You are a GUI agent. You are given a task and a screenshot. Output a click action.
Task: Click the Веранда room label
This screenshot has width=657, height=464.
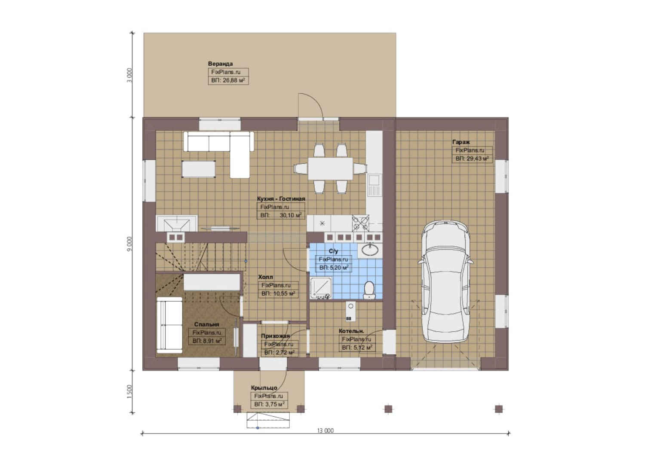click(220, 64)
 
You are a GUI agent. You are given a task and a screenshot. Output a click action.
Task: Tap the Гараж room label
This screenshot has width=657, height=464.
click(461, 142)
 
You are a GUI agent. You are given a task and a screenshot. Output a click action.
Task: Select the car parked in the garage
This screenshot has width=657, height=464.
click(446, 282)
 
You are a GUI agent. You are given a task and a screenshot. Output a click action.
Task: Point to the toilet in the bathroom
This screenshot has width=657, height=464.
click(369, 290)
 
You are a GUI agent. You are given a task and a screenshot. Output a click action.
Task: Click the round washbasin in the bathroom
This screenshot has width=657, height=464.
click(370, 250)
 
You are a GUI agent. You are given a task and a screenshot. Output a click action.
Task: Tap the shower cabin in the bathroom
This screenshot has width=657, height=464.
click(321, 288)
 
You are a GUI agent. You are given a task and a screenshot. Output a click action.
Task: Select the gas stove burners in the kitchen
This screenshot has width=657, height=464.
click(360, 223)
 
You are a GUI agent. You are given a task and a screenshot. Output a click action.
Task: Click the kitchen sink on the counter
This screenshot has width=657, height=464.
click(374, 185)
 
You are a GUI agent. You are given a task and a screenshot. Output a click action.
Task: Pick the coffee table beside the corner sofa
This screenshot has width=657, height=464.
click(199, 169)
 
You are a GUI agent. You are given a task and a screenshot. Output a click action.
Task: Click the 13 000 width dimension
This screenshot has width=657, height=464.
click(325, 430)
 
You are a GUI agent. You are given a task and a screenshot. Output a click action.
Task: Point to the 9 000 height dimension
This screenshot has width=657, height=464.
click(129, 244)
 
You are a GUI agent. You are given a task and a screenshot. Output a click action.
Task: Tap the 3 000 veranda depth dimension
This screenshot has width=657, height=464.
click(129, 75)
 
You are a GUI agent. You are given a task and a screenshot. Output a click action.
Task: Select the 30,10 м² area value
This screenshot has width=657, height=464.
click(290, 215)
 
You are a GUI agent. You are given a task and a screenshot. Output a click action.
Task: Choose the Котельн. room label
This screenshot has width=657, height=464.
click(351, 331)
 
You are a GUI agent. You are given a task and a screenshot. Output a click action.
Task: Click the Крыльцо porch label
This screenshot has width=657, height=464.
click(264, 388)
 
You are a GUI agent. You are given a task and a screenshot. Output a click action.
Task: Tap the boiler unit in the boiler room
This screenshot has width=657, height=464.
click(350, 311)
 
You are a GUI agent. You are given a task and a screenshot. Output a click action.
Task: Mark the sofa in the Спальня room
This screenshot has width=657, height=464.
click(169, 325)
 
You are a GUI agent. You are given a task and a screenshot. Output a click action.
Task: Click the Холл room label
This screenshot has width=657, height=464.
click(265, 277)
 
